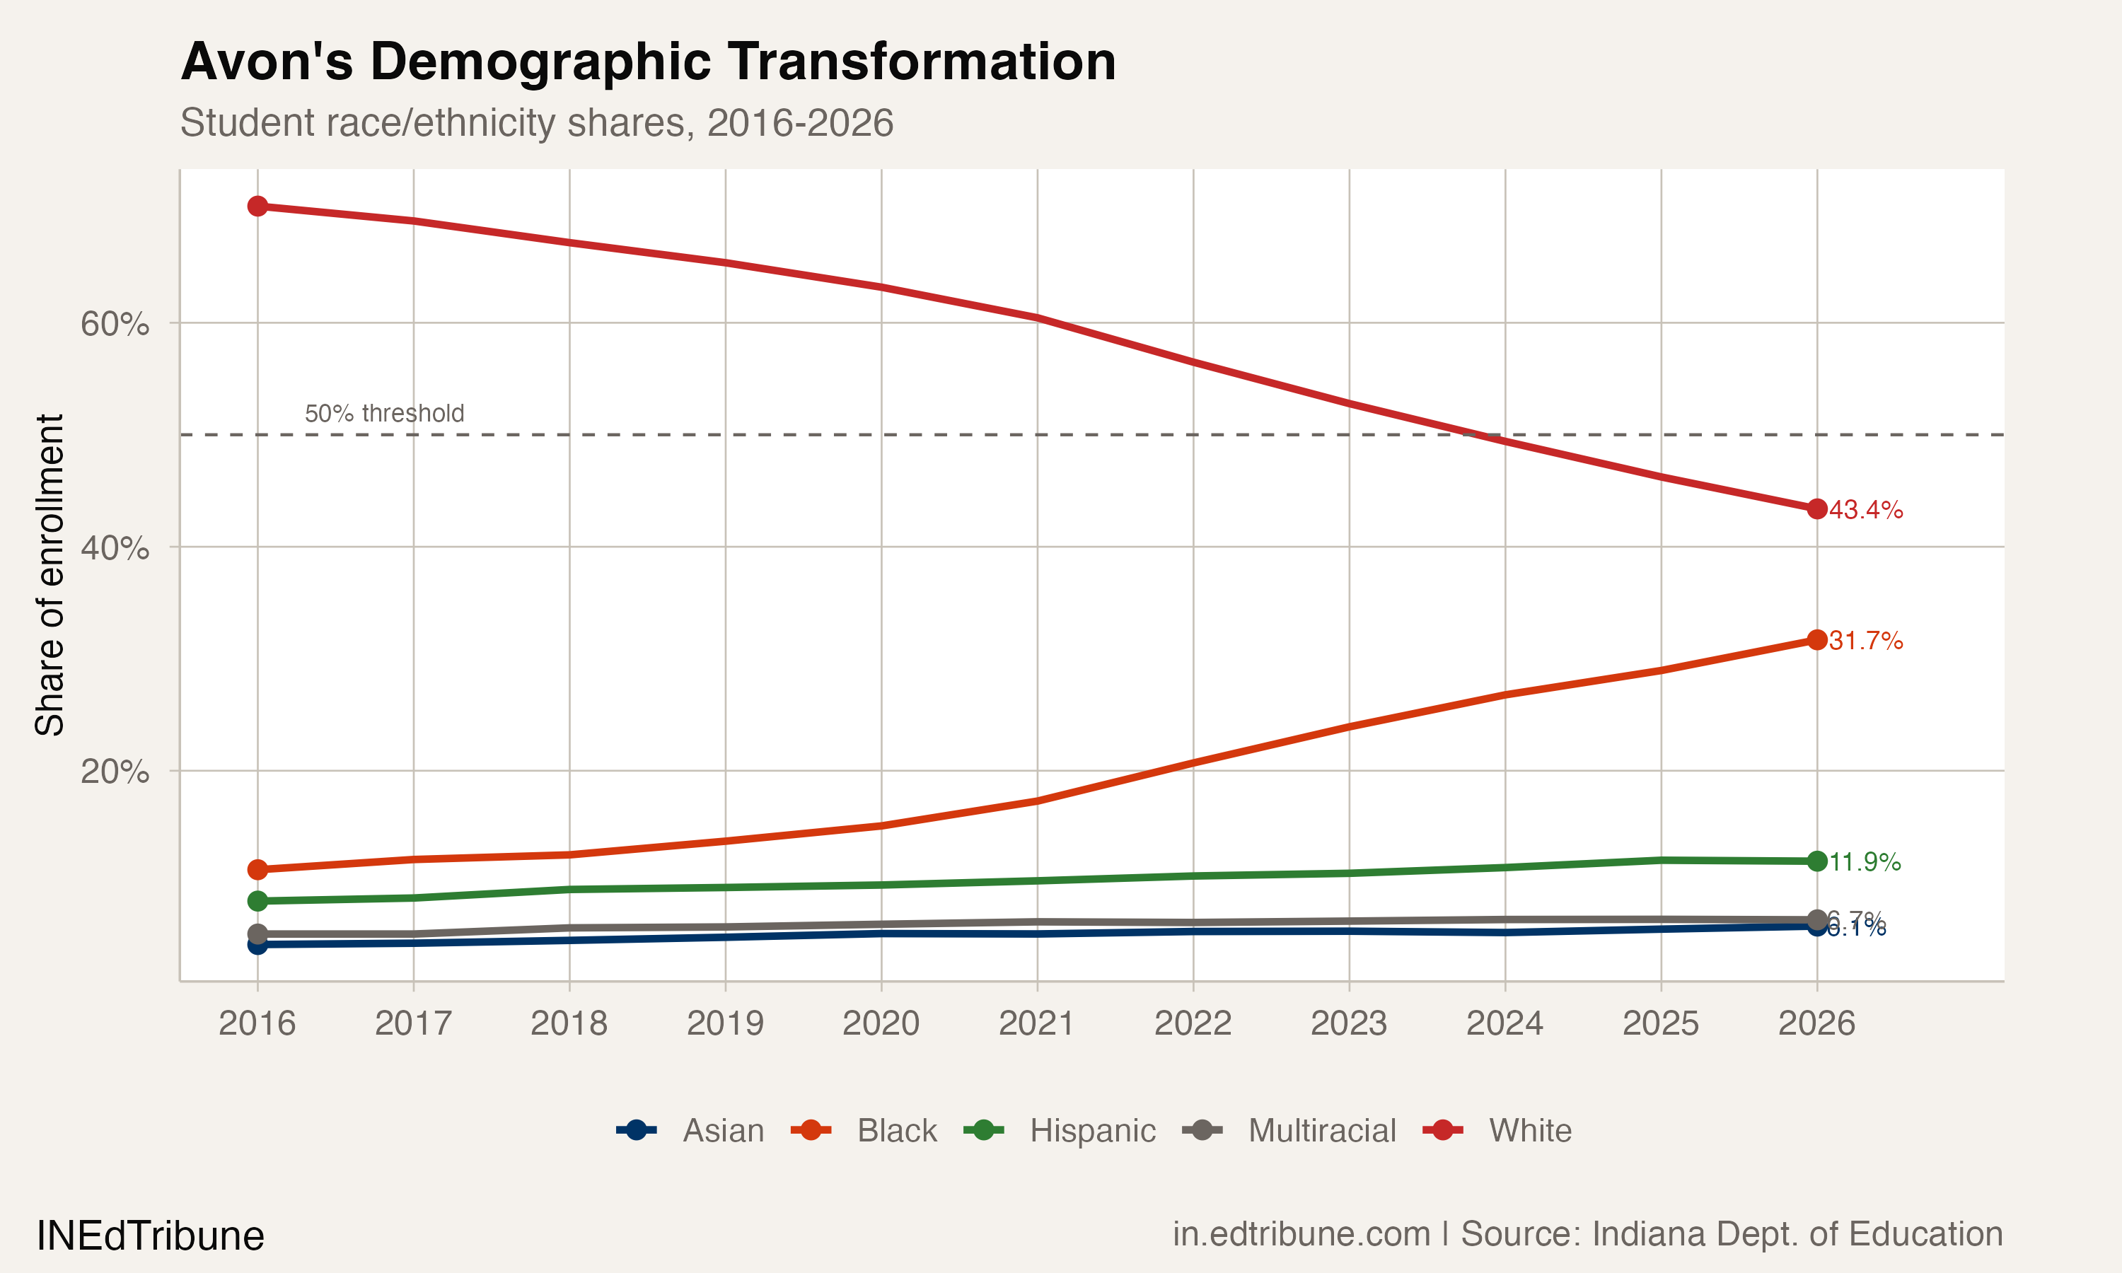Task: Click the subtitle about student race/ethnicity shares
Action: [536, 122]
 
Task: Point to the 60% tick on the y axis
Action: [114, 324]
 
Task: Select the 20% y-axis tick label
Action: [114, 771]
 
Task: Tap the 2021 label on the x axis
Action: [1036, 1023]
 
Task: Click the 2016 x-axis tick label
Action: [257, 1023]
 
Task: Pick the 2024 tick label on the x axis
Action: [1504, 1023]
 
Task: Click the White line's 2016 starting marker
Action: [257, 206]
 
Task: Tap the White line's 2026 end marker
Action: [1816, 508]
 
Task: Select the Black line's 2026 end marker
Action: [1816, 640]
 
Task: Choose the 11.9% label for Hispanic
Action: [1865, 862]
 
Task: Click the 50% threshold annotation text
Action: [384, 414]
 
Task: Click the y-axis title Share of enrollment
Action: [50, 575]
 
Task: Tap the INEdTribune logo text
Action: [150, 1236]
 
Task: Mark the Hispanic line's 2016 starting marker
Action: [257, 901]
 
